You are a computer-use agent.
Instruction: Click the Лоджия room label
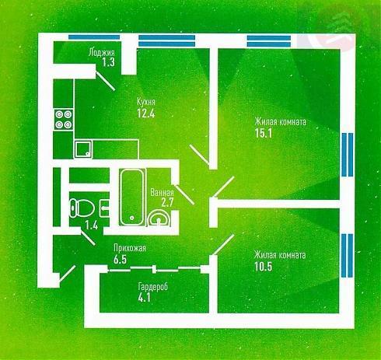point(101,52)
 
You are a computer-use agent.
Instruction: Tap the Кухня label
point(146,102)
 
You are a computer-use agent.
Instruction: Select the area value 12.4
point(146,114)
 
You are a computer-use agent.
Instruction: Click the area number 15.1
point(264,133)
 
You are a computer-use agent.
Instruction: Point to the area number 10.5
point(264,266)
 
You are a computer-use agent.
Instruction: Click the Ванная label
point(162,193)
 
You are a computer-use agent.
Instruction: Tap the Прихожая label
point(130,248)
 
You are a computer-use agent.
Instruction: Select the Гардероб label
point(153,286)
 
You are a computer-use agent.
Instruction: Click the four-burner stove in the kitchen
point(64,120)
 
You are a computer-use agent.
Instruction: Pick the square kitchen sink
point(83,149)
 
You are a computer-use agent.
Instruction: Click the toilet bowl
point(82,208)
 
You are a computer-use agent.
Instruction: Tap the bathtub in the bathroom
point(132,197)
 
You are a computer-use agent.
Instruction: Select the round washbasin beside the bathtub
point(158,218)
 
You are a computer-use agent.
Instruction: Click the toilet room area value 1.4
point(92,225)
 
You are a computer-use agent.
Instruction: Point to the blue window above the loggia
point(94,37)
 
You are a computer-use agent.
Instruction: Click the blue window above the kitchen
point(166,40)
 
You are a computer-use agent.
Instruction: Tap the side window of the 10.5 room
point(348,255)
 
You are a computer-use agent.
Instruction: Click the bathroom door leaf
point(184,194)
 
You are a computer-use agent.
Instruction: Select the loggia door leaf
point(105,81)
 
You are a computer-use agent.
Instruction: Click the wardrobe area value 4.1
point(145,298)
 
